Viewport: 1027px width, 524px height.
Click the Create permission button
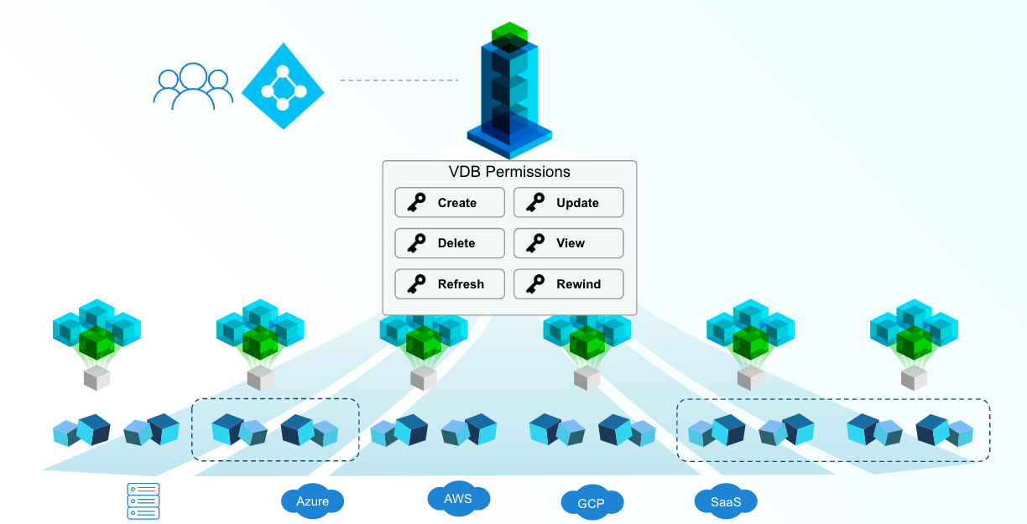[450, 203]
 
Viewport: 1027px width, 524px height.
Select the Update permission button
[568, 203]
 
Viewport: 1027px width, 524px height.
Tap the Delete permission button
[450, 243]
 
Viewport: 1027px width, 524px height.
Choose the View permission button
[568, 243]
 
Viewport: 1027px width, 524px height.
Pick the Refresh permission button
[450, 284]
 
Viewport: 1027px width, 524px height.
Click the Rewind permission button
[568, 284]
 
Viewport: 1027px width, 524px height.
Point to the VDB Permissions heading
[509, 172]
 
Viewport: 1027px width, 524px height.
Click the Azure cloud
[312, 501]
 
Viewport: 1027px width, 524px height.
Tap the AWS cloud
[458, 499]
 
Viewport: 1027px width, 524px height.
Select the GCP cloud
[592, 503]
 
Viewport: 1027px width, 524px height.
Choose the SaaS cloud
[726, 501]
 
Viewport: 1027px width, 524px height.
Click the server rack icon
[143, 501]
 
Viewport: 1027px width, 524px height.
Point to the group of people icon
[192, 87]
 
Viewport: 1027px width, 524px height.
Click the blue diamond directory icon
[283, 86]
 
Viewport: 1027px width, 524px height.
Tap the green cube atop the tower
[509, 35]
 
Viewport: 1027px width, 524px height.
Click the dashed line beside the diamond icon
[399, 80]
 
